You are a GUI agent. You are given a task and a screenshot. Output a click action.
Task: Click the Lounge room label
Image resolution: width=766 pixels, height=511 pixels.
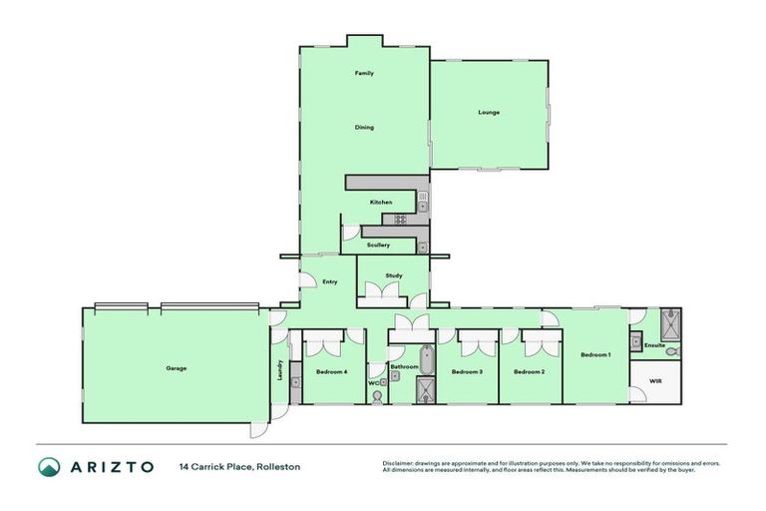tap(489, 112)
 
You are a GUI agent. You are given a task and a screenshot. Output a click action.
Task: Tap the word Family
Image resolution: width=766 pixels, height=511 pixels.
tap(365, 74)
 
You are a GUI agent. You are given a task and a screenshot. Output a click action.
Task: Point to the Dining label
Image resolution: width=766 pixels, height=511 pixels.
tap(365, 128)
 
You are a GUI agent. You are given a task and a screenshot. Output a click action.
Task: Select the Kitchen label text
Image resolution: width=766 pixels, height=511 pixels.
tap(381, 203)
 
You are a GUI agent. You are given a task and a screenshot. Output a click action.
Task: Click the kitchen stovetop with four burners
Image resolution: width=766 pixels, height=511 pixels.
tap(401, 220)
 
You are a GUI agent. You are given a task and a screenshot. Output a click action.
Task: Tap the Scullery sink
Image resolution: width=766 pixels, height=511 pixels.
tap(423, 245)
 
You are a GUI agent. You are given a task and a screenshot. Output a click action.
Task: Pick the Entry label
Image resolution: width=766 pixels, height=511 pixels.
tap(330, 281)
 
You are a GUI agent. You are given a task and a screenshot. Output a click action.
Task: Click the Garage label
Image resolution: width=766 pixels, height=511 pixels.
tap(177, 368)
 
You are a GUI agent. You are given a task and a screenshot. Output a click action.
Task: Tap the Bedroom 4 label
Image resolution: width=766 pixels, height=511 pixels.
tap(331, 372)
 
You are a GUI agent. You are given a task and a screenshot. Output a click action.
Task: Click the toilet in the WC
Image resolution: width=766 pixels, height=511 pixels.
tap(376, 396)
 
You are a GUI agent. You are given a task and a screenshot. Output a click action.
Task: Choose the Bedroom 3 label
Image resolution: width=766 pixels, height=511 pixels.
tap(467, 372)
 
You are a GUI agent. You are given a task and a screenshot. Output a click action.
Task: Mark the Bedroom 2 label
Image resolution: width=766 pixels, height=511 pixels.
tap(529, 372)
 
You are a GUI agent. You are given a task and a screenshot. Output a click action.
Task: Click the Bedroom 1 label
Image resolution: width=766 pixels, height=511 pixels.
tap(595, 354)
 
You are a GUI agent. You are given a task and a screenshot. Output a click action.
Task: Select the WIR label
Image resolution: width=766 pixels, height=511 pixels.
tap(655, 381)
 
